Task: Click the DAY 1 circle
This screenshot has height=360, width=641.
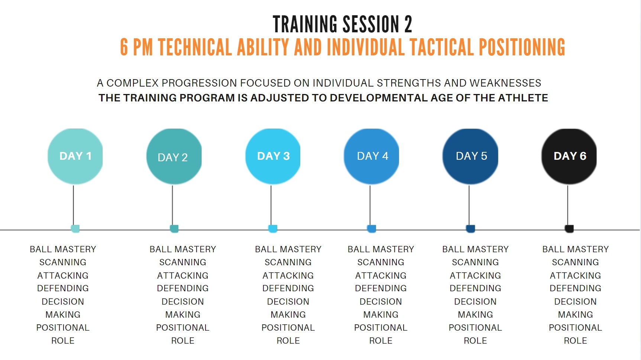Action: click(x=75, y=156)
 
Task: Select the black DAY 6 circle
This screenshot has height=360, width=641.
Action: click(x=569, y=156)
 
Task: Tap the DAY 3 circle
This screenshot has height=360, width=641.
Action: click(x=273, y=156)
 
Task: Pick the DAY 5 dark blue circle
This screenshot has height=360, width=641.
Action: click(x=470, y=156)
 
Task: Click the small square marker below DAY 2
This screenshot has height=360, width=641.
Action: click(x=174, y=229)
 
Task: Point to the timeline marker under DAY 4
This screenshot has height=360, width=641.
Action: click(x=372, y=229)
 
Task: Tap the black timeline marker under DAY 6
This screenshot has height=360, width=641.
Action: click(x=569, y=229)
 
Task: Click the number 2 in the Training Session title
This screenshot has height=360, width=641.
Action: click(x=408, y=25)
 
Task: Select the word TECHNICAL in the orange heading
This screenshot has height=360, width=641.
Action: click(x=195, y=47)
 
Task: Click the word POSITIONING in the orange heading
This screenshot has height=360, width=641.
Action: click(x=522, y=47)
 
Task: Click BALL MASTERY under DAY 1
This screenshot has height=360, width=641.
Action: click(x=63, y=249)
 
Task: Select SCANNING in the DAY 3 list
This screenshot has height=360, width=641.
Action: click(x=288, y=262)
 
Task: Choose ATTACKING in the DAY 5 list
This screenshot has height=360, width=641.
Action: click(x=475, y=276)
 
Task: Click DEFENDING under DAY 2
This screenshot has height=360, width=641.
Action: click(x=183, y=288)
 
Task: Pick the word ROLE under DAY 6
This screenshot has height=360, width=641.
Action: click(x=575, y=341)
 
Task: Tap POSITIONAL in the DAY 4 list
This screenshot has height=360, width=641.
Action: click(x=381, y=328)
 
